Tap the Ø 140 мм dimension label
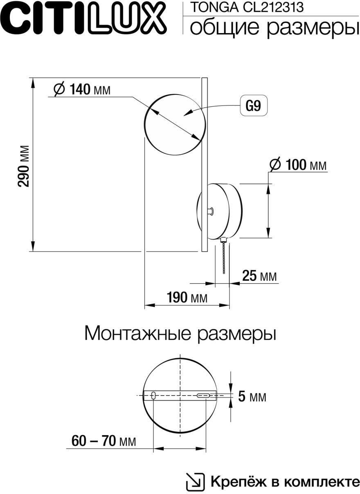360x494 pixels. coord(82,89)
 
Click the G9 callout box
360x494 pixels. coord(253,107)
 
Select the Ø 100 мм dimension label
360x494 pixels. coord(298,165)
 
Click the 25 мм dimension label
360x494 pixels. coord(259,276)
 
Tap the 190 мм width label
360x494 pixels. coord(187,297)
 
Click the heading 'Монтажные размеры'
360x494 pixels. coord(180,333)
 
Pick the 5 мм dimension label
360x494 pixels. coord(252,397)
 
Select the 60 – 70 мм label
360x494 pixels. coord(103,441)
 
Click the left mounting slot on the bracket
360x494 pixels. coord(153,395)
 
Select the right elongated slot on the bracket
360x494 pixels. coord(204,395)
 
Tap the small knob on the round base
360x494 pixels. coord(209,211)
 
